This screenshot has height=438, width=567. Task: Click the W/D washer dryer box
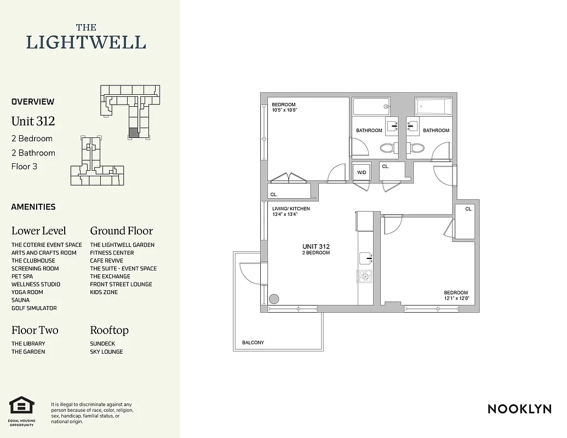click(362, 173)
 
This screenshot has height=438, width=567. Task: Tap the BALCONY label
click(253, 343)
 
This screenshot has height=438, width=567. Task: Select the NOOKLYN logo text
click(519, 409)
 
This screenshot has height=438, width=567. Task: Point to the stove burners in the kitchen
click(365, 276)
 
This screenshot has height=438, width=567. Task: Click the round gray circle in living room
click(274, 299)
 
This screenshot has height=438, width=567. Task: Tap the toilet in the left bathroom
click(387, 148)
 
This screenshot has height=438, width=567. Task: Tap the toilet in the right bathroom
click(417, 148)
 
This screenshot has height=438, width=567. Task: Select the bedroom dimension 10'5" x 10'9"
click(284, 110)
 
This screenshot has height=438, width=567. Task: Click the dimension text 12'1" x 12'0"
click(456, 298)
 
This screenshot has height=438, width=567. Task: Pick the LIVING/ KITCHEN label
click(291, 209)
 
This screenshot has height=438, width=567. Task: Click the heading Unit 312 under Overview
click(33, 121)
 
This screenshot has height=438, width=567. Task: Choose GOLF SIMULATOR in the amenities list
click(34, 308)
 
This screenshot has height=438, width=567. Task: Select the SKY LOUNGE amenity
click(106, 351)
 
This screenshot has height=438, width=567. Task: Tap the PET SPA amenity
click(22, 276)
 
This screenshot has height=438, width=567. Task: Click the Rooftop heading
click(109, 330)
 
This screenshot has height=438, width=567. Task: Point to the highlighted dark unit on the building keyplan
click(134, 132)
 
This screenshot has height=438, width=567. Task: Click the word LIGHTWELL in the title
click(86, 42)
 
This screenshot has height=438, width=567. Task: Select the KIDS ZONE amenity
click(104, 292)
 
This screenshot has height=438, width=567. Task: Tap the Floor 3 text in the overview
click(24, 166)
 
